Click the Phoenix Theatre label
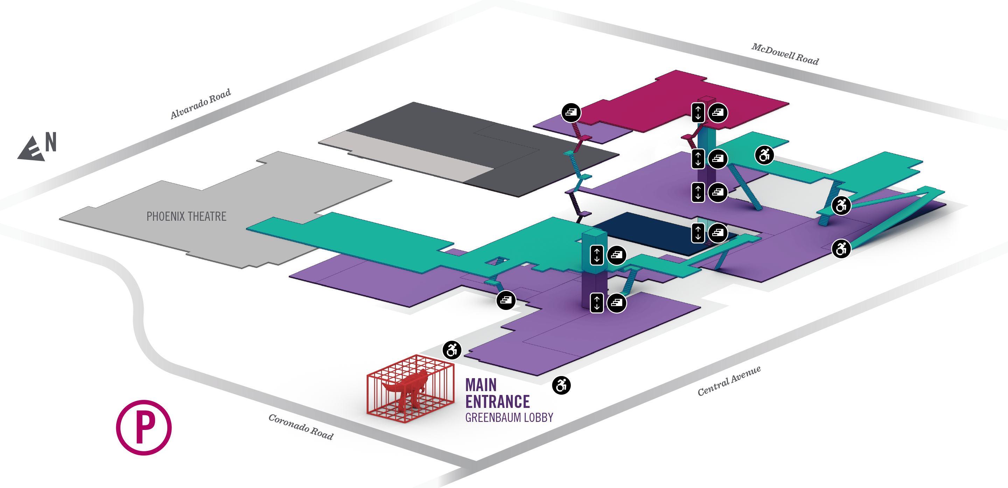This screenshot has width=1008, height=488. [186, 216]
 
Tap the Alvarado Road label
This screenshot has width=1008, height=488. [200, 104]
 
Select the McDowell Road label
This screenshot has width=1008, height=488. [785, 54]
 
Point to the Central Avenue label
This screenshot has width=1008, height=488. [729, 381]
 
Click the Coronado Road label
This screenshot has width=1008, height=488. [301, 427]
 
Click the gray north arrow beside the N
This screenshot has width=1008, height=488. [31, 149]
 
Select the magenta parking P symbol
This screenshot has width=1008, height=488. [143, 427]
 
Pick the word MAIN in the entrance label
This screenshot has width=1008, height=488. [481, 385]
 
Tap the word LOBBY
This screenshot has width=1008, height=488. [538, 418]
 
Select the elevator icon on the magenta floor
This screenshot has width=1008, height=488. [698, 113]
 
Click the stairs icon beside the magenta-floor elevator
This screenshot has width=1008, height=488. [717, 113]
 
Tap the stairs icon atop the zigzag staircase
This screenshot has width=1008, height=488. [571, 113]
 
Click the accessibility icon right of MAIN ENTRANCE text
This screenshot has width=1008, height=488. [561, 385]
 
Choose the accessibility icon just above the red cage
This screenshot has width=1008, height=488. [452, 349]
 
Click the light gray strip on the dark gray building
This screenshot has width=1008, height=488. [407, 156]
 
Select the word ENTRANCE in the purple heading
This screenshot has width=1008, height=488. [497, 402]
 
